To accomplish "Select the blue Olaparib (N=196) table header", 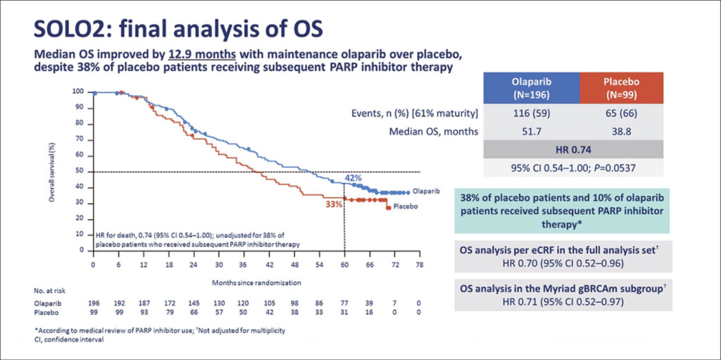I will (x=531, y=87).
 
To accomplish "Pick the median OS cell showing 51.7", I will (x=531, y=131).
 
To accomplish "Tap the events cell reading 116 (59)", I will (x=531, y=113).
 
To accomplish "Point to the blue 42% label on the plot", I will (x=353, y=178).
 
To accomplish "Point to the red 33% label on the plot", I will (x=334, y=204).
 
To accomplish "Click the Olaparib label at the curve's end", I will (x=427, y=192).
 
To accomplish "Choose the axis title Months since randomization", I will (x=256, y=280).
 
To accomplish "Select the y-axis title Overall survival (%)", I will (x=52, y=170).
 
